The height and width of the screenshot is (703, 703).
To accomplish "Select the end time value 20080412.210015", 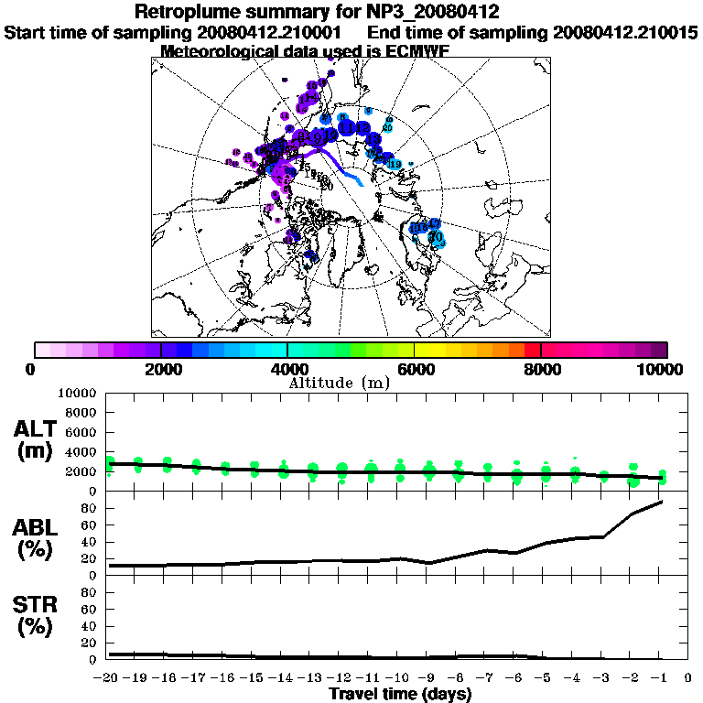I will click(x=626, y=32).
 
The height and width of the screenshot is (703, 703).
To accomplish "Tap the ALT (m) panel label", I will click(x=37, y=440).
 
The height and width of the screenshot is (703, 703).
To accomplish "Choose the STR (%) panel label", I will click(x=37, y=615).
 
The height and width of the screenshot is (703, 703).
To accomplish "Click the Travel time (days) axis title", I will click(x=400, y=694).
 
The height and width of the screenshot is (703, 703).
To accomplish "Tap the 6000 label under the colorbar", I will click(x=415, y=369).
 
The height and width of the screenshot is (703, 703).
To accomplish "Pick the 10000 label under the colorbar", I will click(x=659, y=369).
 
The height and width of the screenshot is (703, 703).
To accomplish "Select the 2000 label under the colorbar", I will click(x=161, y=369).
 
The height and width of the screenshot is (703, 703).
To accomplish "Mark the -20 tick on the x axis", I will click(x=108, y=678).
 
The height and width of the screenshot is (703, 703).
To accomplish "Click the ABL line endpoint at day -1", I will click(x=661, y=502).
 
